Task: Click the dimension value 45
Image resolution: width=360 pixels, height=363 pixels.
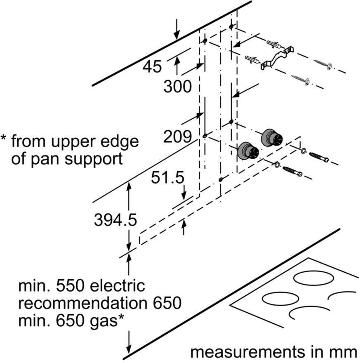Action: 152,66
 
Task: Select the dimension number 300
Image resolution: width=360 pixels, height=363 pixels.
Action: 177,87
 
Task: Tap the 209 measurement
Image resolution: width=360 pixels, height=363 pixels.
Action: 177,137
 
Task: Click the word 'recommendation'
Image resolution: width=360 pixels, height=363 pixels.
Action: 82,303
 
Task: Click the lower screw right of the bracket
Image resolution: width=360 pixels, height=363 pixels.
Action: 301,79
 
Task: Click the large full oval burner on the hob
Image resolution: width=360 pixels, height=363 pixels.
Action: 314,277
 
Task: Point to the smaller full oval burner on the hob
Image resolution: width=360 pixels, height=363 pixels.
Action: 280,298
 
